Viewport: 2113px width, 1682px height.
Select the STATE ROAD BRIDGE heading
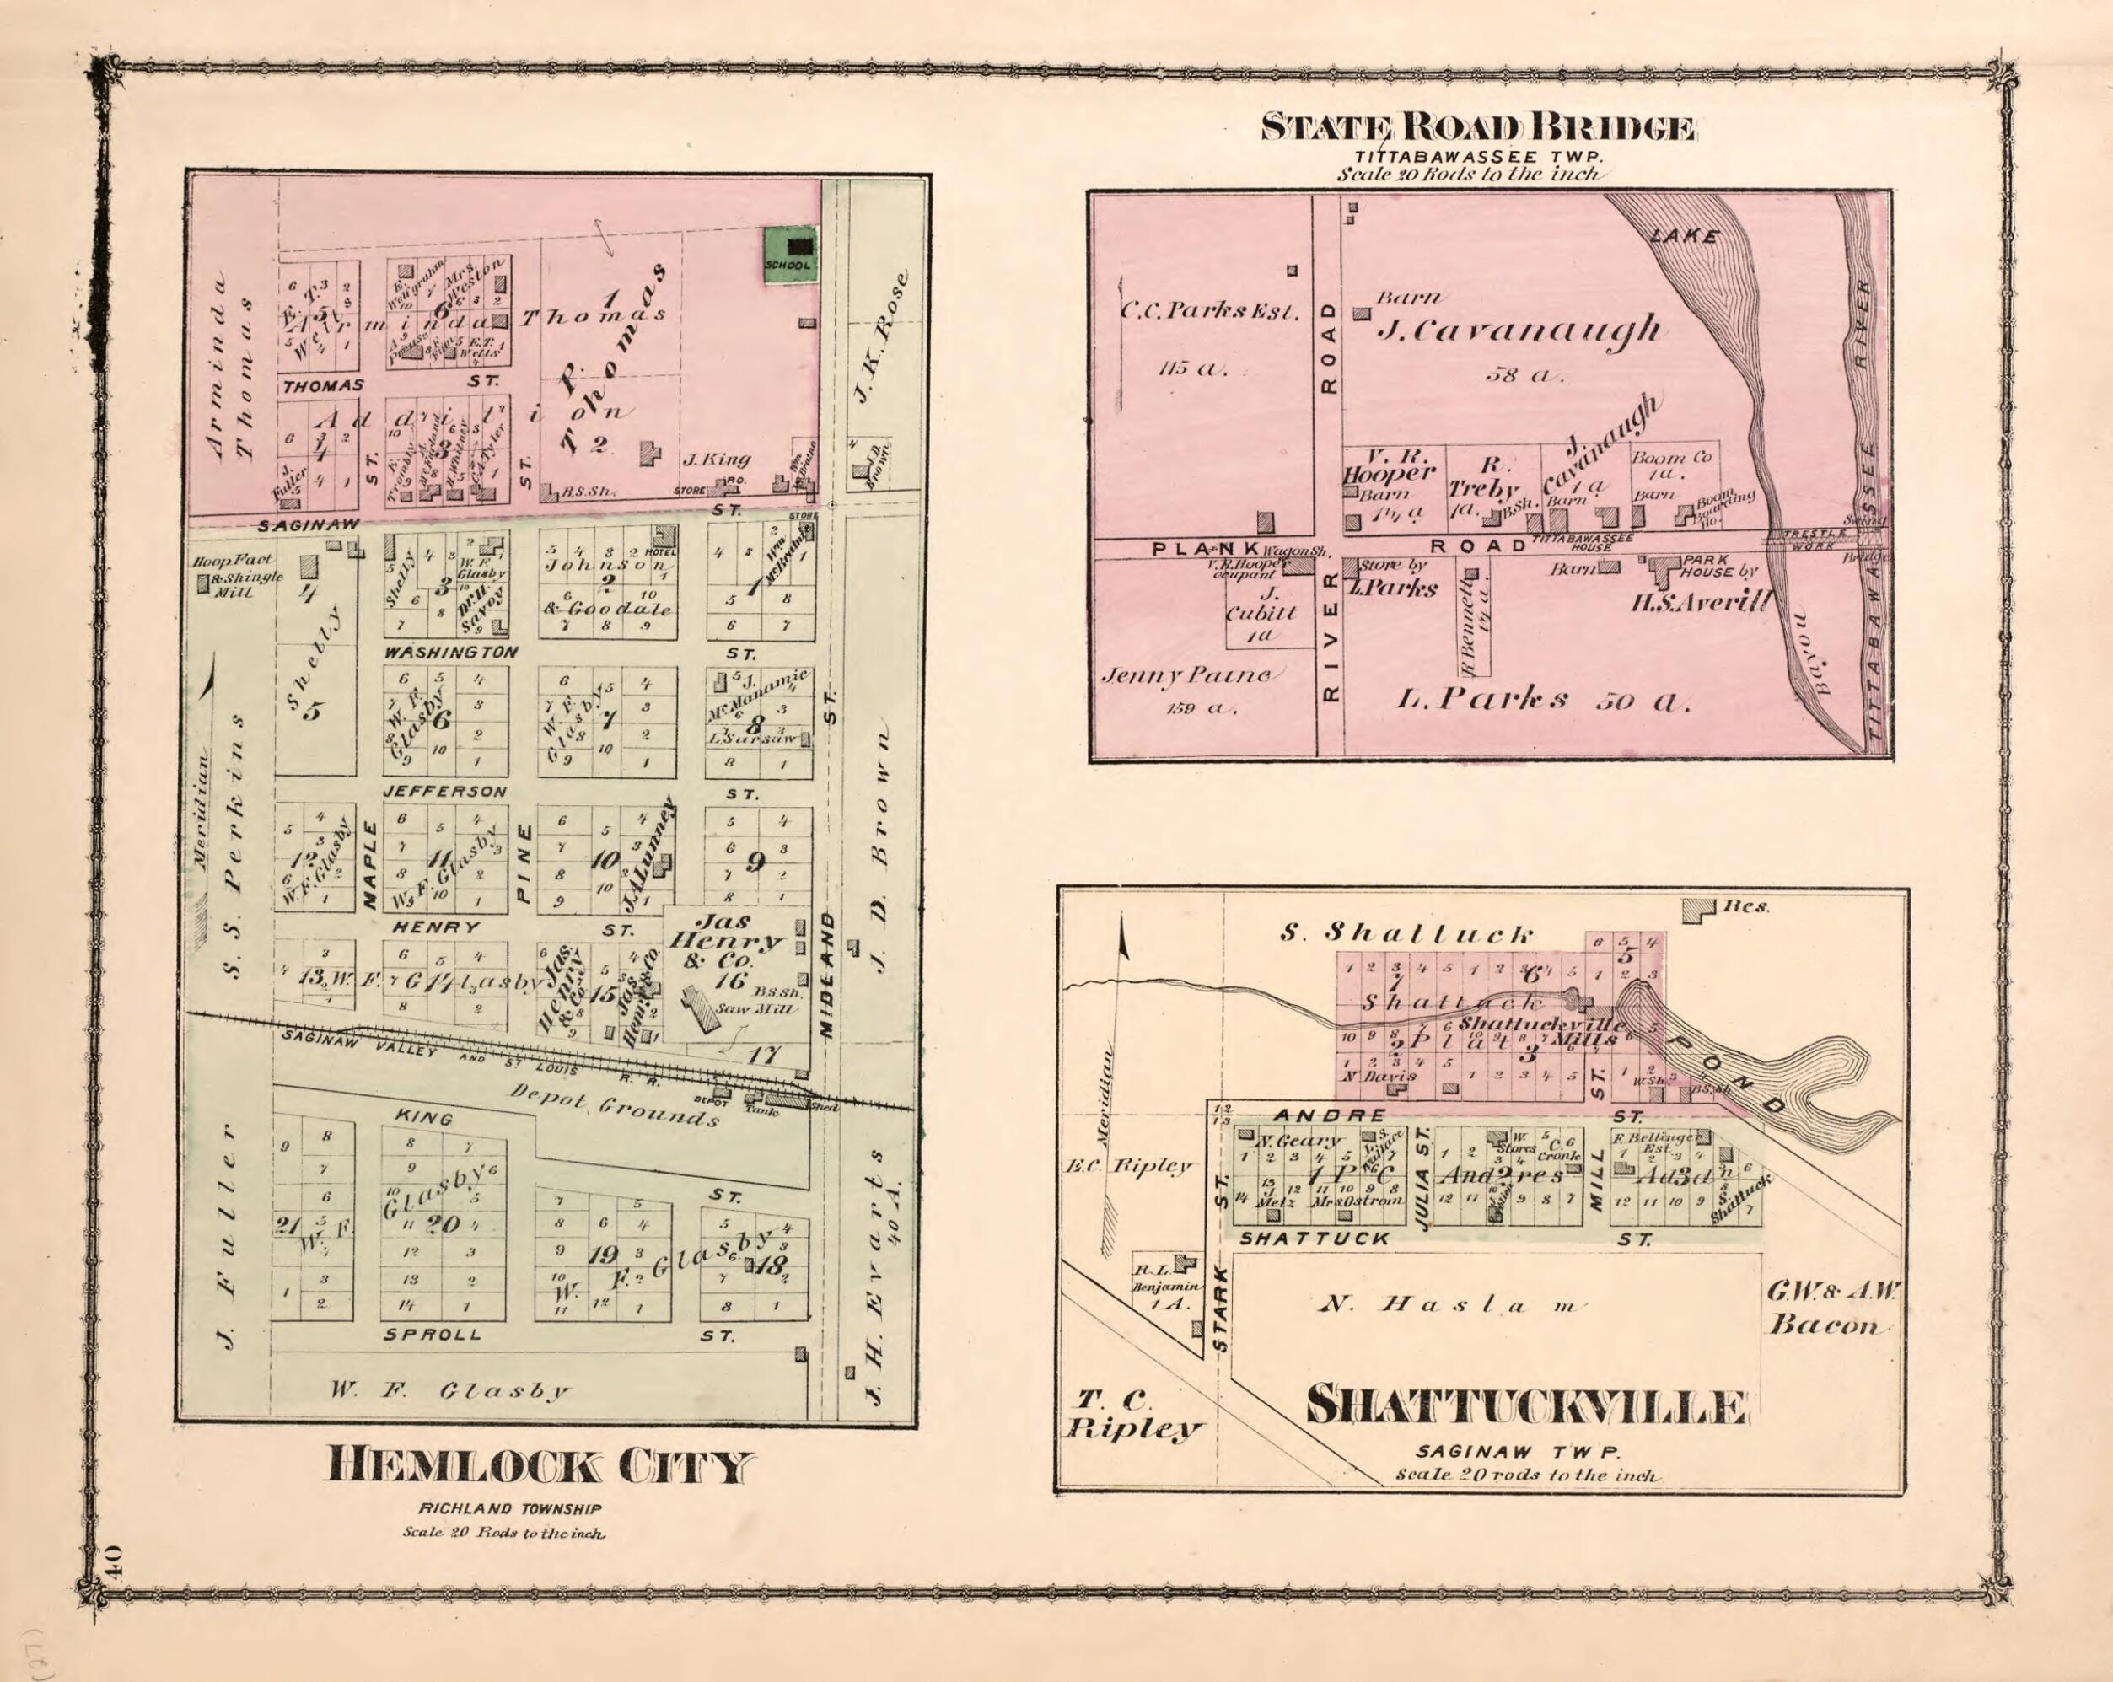(x=1477, y=128)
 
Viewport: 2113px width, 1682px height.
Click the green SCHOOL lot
(x=791, y=257)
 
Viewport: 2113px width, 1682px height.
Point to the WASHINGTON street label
(x=451, y=653)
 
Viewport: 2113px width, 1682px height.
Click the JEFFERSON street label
(x=445, y=791)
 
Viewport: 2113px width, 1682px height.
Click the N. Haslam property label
(x=1450, y=1304)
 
